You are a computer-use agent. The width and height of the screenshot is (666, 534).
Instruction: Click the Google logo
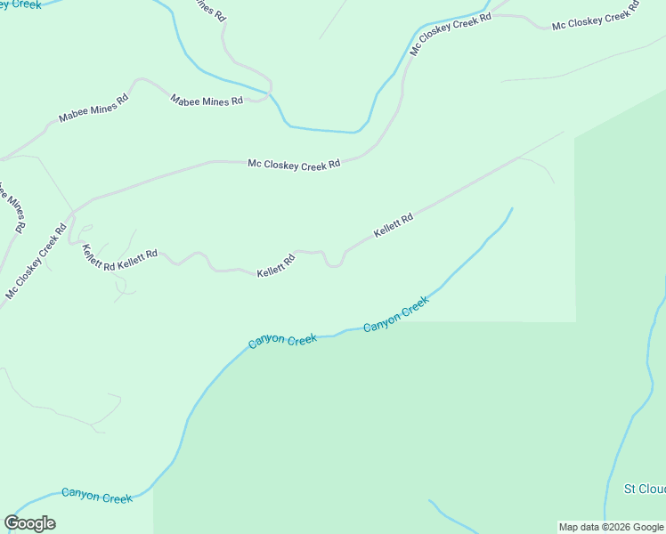pyautogui.click(x=29, y=523)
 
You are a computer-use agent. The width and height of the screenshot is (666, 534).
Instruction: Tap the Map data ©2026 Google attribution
pyautogui.click(x=612, y=527)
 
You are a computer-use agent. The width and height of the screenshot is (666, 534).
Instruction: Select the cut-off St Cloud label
pyautogui.click(x=644, y=489)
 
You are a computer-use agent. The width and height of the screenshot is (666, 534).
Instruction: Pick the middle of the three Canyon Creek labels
pyautogui.click(x=282, y=340)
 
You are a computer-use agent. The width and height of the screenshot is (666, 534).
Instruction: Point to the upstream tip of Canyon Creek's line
pyautogui.click(x=512, y=209)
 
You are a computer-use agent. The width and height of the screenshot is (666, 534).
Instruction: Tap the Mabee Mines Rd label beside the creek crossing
pyautogui.click(x=207, y=101)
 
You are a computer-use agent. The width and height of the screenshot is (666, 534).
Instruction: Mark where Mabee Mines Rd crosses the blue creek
pyautogui.click(x=269, y=92)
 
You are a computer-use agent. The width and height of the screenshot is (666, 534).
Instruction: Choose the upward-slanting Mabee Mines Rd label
pyautogui.click(x=93, y=107)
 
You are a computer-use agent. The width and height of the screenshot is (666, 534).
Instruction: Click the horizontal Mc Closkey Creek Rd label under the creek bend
pyautogui.click(x=294, y=164)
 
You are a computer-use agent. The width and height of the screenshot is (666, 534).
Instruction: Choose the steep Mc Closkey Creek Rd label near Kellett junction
pyautogui.click(x=37, y=262)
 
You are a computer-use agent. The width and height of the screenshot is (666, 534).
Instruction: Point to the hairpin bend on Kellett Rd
pyautogui.click(x=334, y=263)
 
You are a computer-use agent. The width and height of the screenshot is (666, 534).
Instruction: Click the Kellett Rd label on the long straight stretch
pyautogui.click(x=394, y=224)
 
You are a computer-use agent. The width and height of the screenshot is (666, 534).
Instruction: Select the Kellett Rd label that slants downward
pyautogui.click(x=99, y=257)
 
